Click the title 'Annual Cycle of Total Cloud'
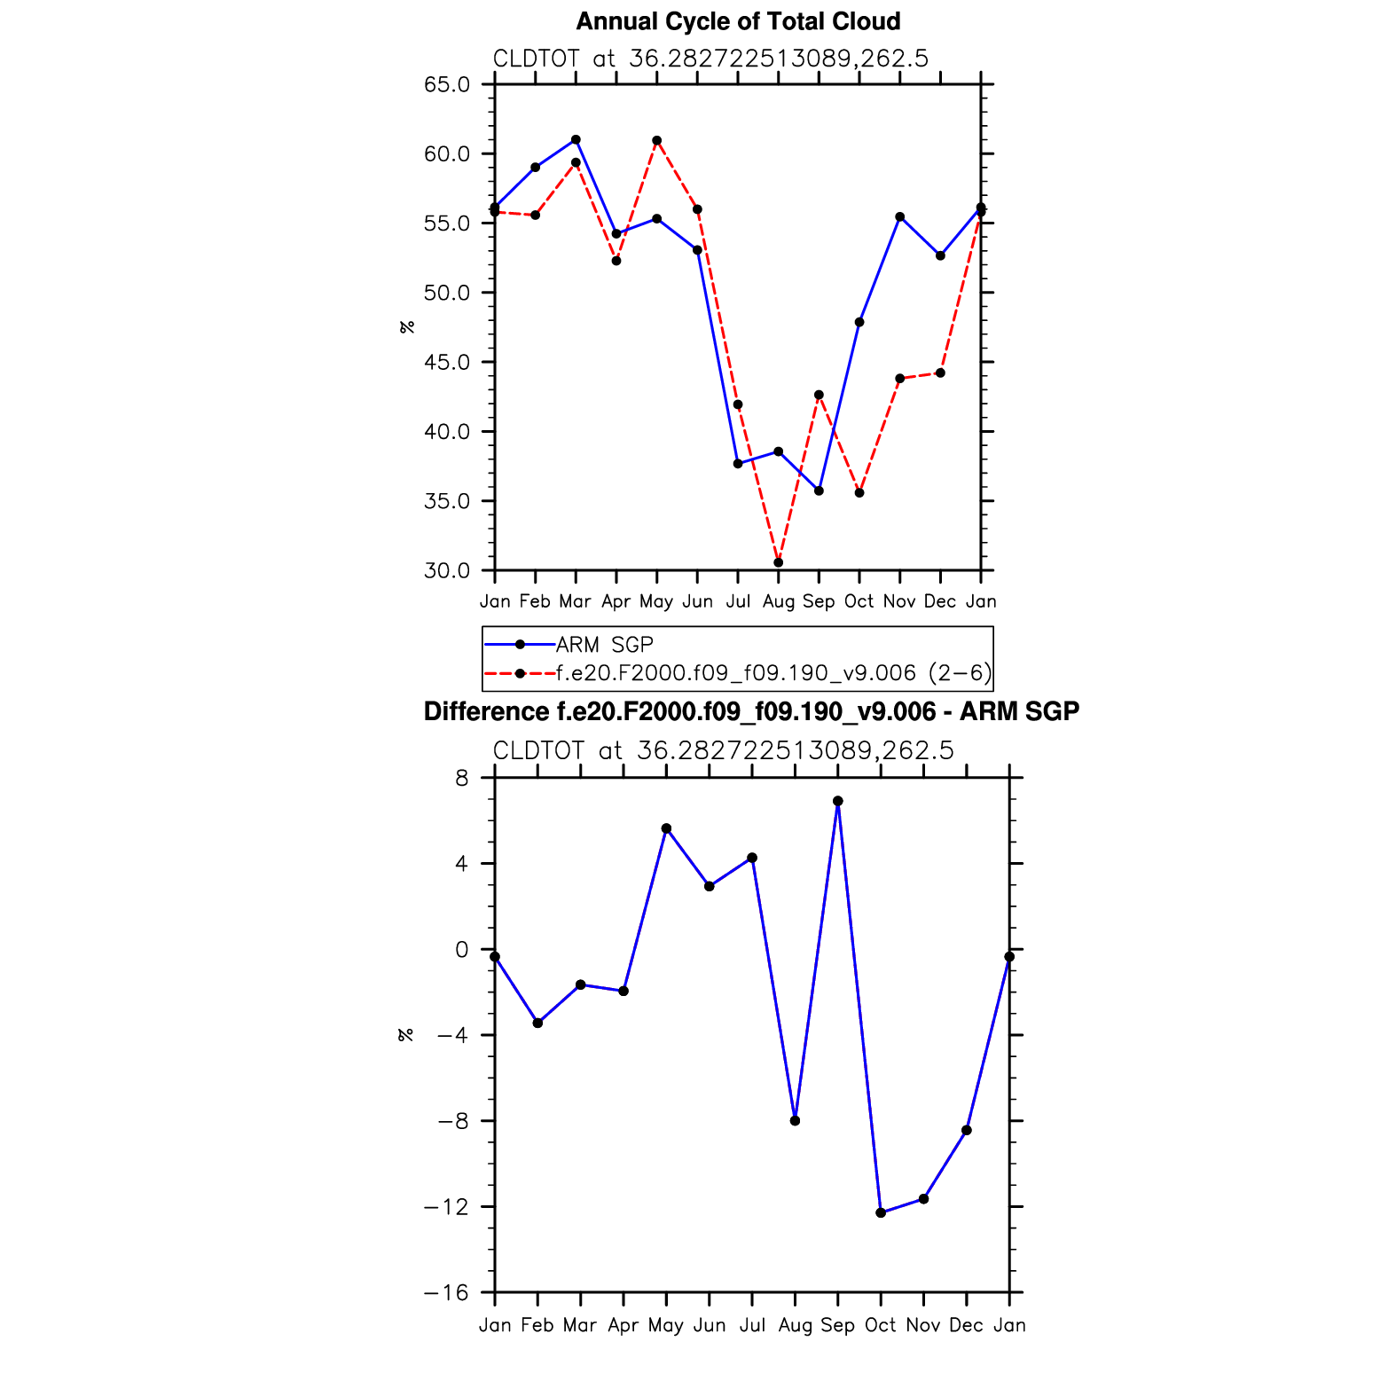738,21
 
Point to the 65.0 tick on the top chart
447,84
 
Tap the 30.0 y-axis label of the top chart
447,570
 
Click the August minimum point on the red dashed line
778,562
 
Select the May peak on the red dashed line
656,140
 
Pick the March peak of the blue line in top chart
576,139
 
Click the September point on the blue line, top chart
819,490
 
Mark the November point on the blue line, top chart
899,216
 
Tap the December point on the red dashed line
940,373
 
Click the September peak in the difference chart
837,801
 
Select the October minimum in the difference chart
881,1212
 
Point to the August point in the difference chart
795,1121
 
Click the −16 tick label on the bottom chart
446,1292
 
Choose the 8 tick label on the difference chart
461,778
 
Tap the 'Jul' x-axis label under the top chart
738,601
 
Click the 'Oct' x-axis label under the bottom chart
881,1325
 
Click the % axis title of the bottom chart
406,1035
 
